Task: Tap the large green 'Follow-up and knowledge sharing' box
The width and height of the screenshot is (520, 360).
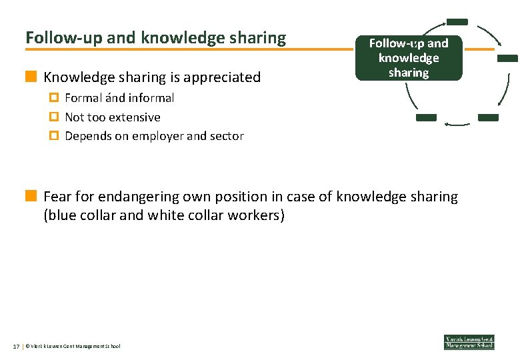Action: (409, 58)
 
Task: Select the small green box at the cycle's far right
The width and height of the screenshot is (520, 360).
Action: (507, 58)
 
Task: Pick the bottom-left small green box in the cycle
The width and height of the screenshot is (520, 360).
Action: (426, 117)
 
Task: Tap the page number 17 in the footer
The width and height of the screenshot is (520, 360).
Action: (16, 346)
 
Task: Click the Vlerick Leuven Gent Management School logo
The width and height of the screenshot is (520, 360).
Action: (469, 341)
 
